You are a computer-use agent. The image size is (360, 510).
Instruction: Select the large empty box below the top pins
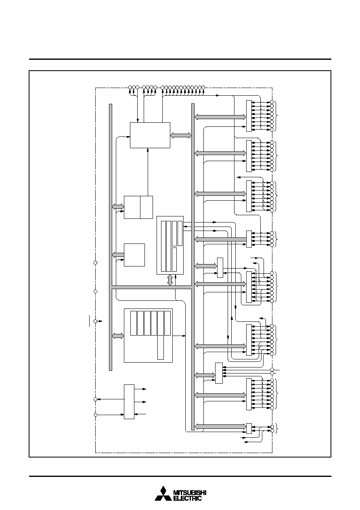pos(150,135)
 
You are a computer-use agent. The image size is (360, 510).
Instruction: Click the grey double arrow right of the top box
pos(181,135)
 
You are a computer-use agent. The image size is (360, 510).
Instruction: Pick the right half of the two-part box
pos(147,207)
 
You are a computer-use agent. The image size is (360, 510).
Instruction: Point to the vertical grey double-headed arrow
pos(170,280)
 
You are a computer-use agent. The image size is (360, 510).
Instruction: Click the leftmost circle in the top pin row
pos(130,87)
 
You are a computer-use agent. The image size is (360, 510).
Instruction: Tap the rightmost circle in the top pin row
pos(203,87)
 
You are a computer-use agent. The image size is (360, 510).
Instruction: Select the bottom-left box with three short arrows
pos(129,402)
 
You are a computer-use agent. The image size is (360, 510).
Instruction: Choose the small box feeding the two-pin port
pos(249,428)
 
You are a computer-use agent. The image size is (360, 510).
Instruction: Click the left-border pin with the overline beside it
pos(96,321)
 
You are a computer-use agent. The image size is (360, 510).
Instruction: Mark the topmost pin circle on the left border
pos(96,262)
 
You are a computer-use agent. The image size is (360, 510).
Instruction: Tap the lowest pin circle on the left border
pos(96,415)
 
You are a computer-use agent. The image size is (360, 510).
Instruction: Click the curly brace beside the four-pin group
pos(276,239)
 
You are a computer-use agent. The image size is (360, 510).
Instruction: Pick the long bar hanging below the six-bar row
pos(161,347)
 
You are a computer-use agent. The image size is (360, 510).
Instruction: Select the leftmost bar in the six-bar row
pos(133,323)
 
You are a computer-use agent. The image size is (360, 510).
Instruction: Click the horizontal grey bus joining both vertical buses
pos(152,287)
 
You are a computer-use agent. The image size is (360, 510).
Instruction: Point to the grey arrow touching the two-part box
pos(118,206)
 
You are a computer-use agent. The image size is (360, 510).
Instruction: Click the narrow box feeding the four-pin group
pos(249,239)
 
